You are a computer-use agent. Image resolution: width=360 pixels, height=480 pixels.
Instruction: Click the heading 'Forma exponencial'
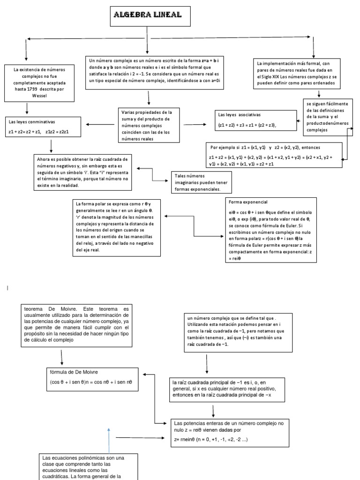click(x=248, y=202)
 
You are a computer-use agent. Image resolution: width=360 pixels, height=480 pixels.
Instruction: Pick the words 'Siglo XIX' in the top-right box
click(x=274, y=76)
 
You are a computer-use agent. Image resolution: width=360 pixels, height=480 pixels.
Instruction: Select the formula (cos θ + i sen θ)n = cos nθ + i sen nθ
click(x=91, y=382)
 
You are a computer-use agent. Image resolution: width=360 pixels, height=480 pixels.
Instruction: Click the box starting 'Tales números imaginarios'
click(x=201, y=182)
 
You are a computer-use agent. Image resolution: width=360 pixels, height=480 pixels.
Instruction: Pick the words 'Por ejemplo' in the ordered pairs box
click(x=224, y=147)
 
